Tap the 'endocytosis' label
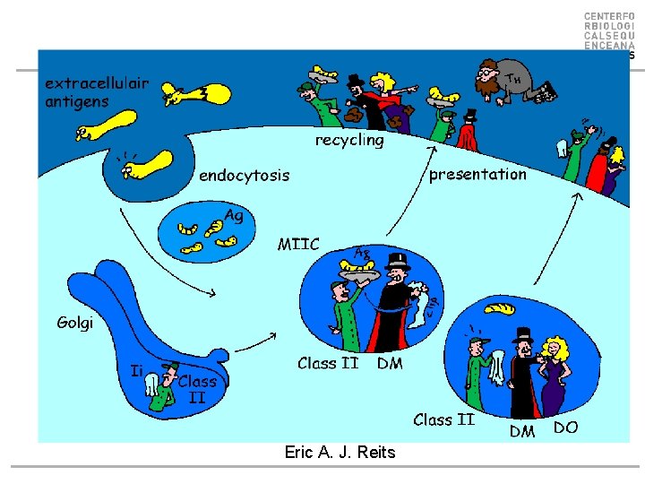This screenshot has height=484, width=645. pyautogui.click(x=244, y=176)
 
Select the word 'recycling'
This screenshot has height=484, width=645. pyautogui.click(x=349, y=141)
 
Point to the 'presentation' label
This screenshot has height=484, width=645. pyautogui.click(x=477, y=174)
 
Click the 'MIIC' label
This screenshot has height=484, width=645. pyautogui.click(x=298, y=243)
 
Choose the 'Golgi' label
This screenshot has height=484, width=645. pyautogui.click(x=75, y=322)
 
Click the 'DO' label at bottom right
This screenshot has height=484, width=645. pyautogui.click(x=565, y=428)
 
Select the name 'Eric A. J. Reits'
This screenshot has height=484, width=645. pyautogui.click(x=340, y=453)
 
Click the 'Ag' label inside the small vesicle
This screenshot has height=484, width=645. pyautogui.click(x=233, y=215)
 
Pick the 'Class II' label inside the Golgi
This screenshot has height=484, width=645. pyautogui.click(x=196, y=388)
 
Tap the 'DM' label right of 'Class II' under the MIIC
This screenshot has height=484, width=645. pyautogui.click(x=390, y=364)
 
